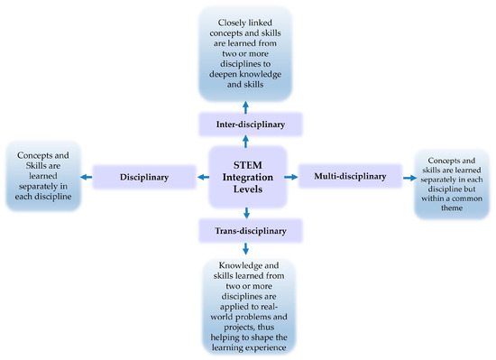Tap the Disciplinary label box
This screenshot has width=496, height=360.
pos(145,178)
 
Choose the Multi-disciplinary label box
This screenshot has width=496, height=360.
pos(350,178)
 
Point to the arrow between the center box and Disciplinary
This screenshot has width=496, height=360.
pos(203,178)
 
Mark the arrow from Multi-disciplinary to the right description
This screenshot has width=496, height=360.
pos(408,178)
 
